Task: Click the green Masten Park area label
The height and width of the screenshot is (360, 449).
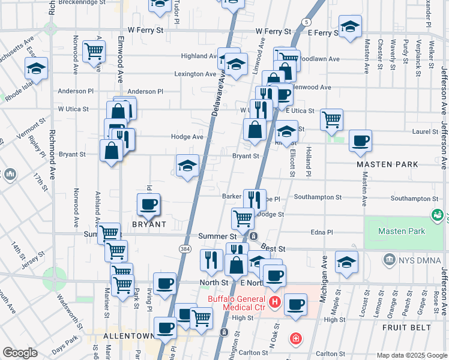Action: tap(402, 231)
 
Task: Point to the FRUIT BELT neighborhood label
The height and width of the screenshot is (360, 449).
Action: tap(406, 328)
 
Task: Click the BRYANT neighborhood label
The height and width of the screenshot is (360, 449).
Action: tap(149, 224)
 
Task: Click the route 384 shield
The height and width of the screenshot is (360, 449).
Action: tap(185, 247)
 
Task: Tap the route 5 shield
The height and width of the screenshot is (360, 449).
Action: tap(307, 22)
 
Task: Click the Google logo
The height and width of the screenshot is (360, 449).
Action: tap(20, 353)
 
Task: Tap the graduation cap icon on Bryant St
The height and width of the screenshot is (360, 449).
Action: tap(187, 166)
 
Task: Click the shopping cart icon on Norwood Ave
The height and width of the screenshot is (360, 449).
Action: tap(94, 52)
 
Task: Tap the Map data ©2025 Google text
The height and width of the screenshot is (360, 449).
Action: tap(412, 355)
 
